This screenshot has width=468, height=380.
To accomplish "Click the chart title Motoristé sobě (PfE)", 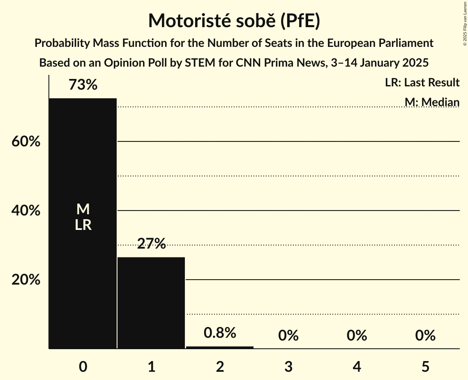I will (234, 21).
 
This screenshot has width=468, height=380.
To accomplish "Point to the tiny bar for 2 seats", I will (220, 348).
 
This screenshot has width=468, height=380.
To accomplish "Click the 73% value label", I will (83, 85).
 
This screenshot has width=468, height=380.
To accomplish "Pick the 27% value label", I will (151, 244).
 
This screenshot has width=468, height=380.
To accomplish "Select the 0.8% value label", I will (220, 333).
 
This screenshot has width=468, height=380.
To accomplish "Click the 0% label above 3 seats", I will (288, 336).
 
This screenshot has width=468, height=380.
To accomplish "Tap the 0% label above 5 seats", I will (425, 336).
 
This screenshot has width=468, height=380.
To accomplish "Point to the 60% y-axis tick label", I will (25, 142).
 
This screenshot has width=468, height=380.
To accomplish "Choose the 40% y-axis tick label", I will (25, 211).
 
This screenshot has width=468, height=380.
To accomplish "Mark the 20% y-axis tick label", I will (25, 280).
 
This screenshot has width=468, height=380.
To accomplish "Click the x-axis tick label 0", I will (83, 367).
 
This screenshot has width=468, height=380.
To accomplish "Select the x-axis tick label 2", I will (220, 367).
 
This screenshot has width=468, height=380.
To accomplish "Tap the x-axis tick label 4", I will (357, 367).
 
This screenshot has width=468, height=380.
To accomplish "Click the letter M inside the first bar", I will (83, 209).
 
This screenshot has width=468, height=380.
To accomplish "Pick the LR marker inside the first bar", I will (83, 225).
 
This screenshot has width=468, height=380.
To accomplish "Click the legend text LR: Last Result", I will (422, 83).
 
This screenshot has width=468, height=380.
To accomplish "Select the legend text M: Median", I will (432, 102).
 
